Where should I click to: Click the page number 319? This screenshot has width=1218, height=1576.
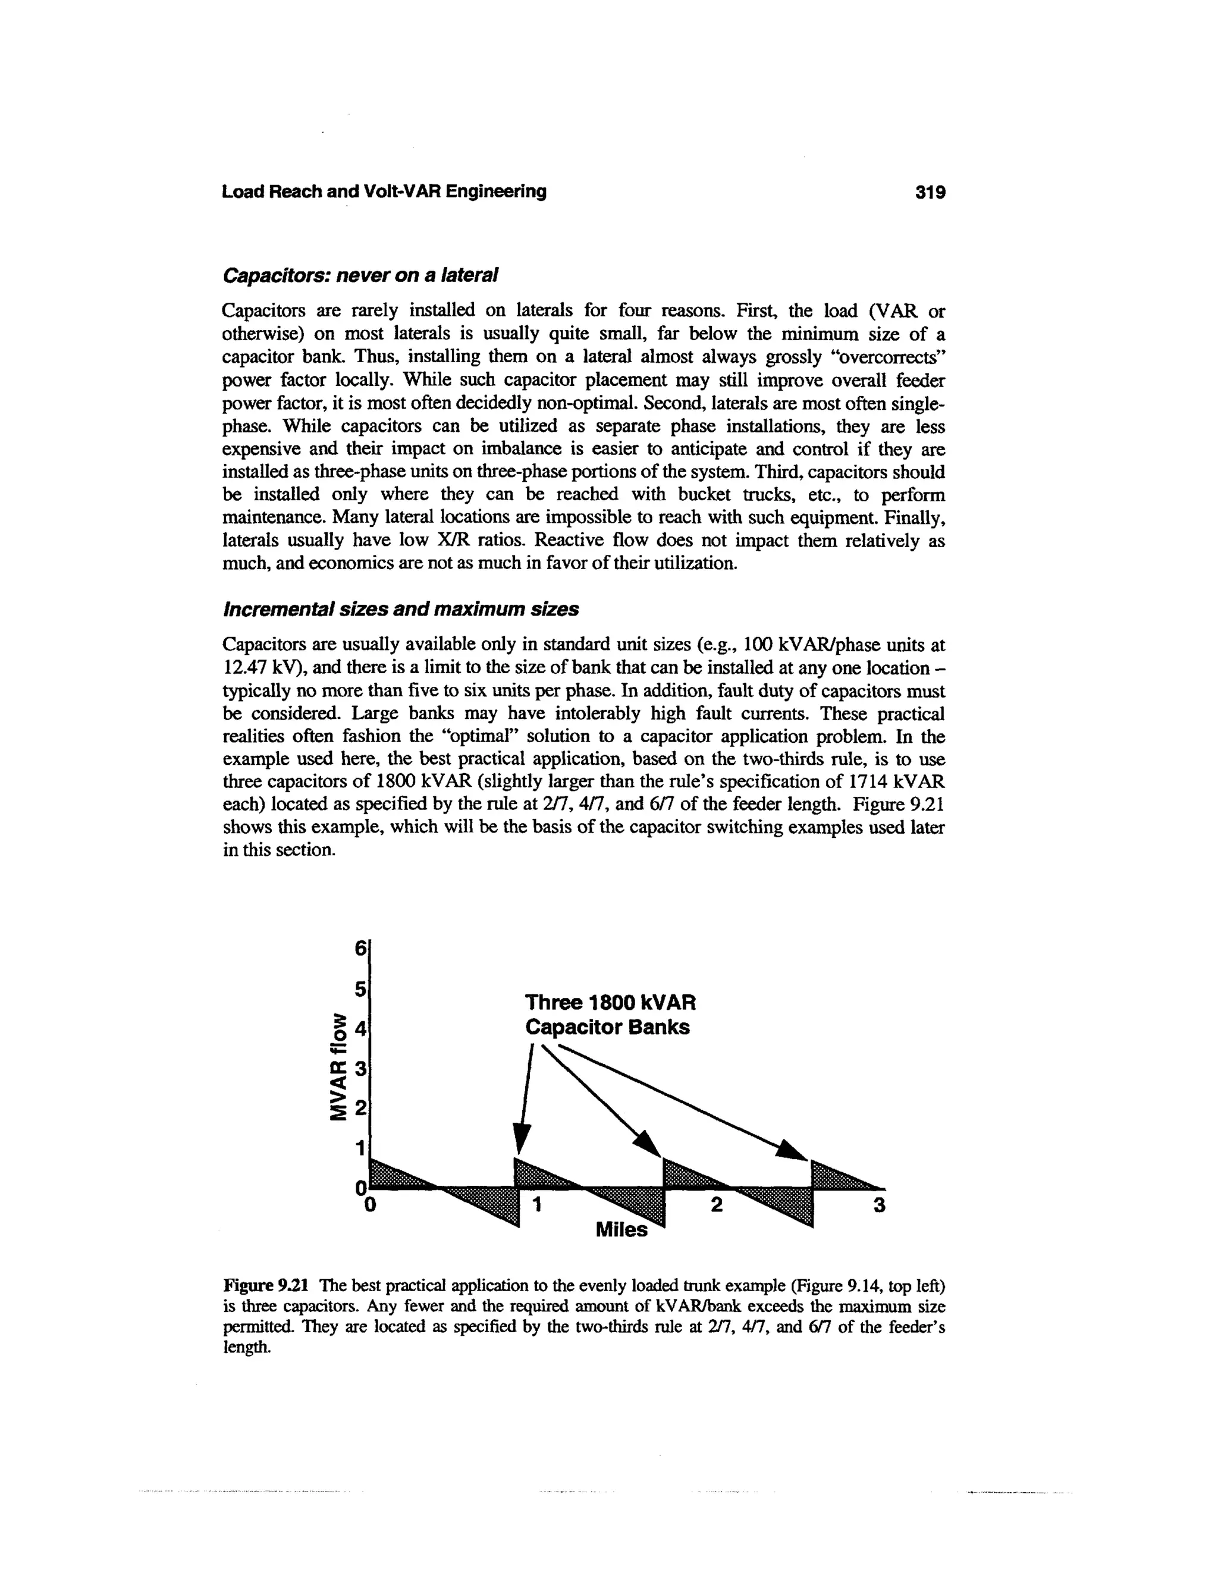tap(930, 192)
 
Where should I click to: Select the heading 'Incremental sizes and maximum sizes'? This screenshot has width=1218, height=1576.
tap(400, 610)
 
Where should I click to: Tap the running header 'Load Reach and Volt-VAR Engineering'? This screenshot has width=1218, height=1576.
tap(384, 192)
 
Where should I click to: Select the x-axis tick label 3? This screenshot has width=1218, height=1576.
tap(879, 1206)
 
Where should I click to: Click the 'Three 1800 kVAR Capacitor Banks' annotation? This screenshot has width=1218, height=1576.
tap(610, 1015)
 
